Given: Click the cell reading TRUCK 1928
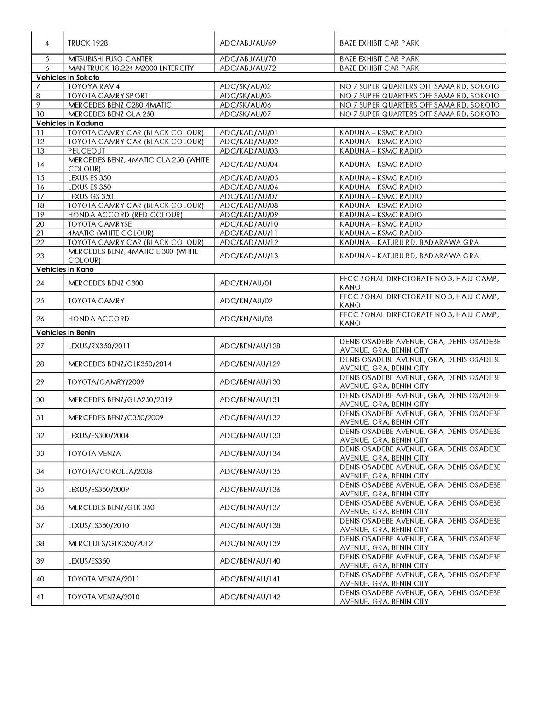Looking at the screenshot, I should [x=88, y=43].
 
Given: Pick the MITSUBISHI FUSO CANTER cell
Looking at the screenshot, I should [x=110, y=59].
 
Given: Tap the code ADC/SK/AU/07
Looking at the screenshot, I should [x=246, y=114].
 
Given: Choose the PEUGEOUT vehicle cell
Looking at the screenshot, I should [x=86, y=151].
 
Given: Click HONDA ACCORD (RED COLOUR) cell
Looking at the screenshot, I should [x=125, y=215].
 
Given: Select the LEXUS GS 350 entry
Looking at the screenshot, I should [x=91, y=196].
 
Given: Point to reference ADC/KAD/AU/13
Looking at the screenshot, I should [x=249, y=256].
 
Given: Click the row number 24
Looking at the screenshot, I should [x=40, y=283].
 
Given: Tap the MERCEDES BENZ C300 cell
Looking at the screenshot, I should [x=106, y=283].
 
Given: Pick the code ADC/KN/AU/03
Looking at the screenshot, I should [x=246, y=319].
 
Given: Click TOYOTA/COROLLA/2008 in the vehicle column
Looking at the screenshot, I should [x=110, y=472].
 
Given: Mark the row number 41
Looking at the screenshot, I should [x=40, y=597].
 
